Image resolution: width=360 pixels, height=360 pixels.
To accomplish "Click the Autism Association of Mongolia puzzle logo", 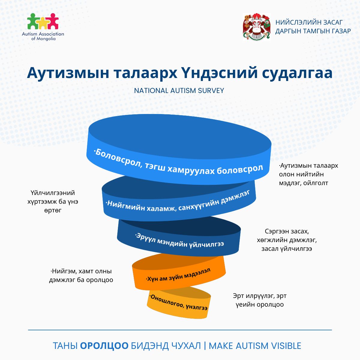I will click(43, 21).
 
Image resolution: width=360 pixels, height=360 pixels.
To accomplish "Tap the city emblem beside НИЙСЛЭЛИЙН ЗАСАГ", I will click(256, 27).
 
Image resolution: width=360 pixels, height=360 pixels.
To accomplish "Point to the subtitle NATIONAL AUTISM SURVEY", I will click(179, 91).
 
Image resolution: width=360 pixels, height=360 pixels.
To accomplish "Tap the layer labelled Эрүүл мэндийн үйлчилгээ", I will click(179, 240).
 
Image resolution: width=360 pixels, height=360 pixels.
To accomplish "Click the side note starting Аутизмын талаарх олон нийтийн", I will click(308, 174).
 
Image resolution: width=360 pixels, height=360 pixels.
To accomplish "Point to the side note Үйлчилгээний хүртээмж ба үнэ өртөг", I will click(53, 201).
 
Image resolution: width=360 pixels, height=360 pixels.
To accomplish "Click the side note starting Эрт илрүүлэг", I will click(259, 300).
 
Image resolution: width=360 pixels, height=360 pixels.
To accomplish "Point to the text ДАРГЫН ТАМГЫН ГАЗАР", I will click(313, 31).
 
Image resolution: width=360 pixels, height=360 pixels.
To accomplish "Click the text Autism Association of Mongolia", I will click(43, 36).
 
